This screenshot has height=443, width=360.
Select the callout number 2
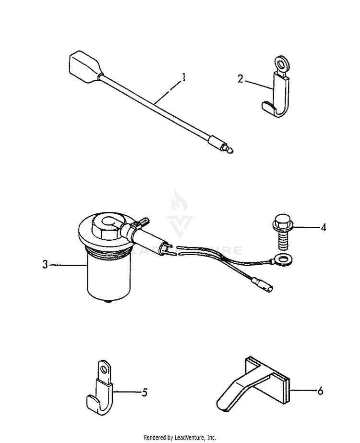[x=240, y=78]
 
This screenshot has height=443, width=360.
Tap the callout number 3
[x=45, y=264]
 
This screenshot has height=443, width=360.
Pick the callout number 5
[x=144, y=393]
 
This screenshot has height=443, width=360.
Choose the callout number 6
[x=321, y=391]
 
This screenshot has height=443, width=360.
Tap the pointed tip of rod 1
[x=231, y=151]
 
